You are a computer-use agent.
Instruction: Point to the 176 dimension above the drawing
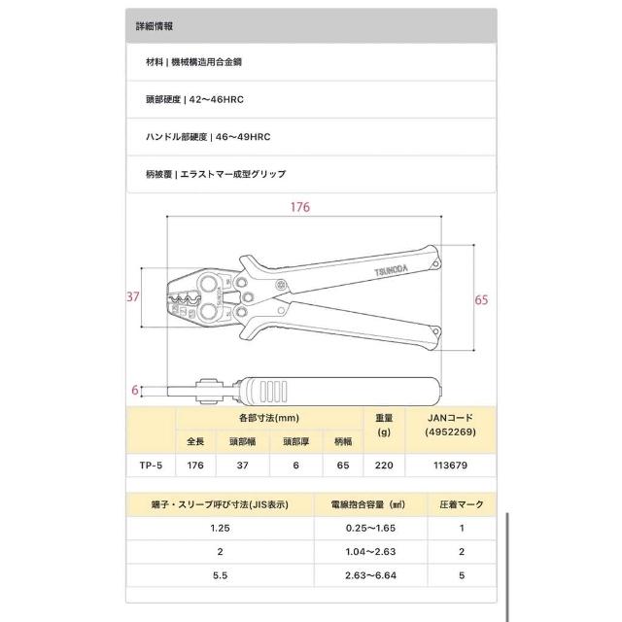(x=301, y=208)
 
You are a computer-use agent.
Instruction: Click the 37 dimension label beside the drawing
(x=134, y=298)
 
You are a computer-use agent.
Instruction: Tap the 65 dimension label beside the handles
(x=480, y=301)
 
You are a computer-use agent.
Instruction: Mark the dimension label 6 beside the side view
(x=134, y=389)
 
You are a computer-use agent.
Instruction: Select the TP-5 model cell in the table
(x=149, y=466)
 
